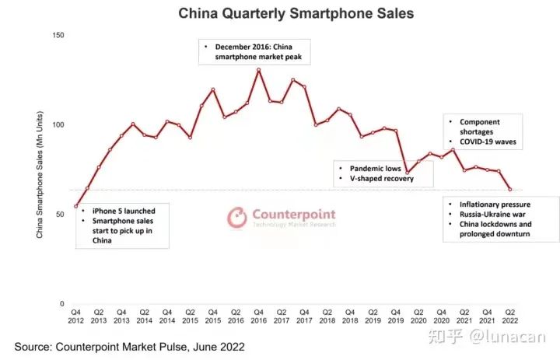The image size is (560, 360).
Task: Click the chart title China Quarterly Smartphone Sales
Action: click(x=285, y=13)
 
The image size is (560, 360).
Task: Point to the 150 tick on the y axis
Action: click(x=59, y=35)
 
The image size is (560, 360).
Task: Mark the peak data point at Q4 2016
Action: click(x=258, y=70)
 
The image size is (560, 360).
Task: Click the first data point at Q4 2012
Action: click(x=75, y=206)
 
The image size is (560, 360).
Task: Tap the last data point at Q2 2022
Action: click(x=510, y=189)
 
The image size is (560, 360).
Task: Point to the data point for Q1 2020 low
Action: click(x=407, y=173)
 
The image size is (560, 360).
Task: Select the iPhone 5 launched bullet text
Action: click(x=123, y=211)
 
